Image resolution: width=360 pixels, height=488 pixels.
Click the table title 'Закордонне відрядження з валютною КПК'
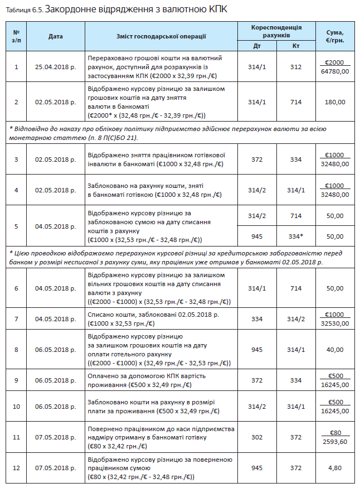(x=136, y=9)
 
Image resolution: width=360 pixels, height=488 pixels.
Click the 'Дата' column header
(x=56, y=36)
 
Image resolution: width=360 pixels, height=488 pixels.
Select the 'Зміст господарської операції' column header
(x=162, y=36)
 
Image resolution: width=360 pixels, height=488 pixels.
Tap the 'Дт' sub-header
(x=257, y=46)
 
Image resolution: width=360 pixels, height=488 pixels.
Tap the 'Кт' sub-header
(x=296, y=46)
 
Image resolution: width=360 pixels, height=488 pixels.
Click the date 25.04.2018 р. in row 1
(x=56, y=67)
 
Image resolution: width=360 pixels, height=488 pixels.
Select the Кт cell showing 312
(x=296, y=67)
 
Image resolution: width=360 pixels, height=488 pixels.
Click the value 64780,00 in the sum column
(x=335, y=71)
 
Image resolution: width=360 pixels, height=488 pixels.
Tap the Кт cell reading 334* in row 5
(x=296, y=236)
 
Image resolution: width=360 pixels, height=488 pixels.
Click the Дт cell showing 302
(x=257, y=438)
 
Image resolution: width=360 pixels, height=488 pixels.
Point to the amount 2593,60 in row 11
(x=335, y=442)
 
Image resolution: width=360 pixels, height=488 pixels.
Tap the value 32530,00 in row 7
(x=335, y=323)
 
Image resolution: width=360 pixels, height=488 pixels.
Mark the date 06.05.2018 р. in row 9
(x=56, y=380)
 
